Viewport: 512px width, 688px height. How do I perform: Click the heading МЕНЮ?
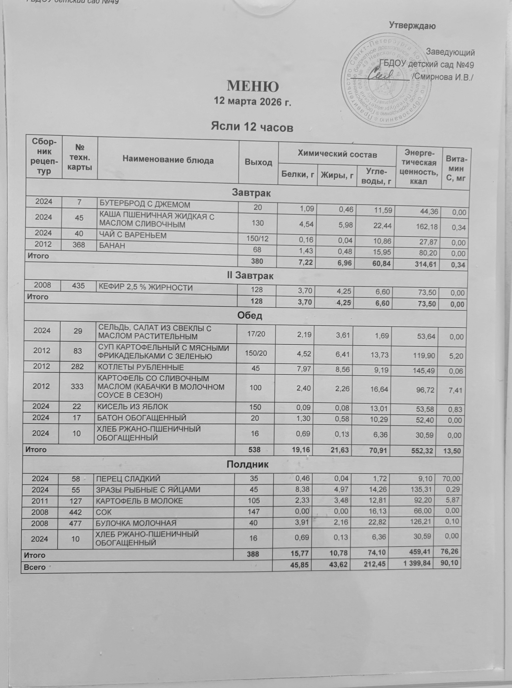pos(253,86)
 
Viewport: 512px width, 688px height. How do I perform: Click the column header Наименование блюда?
pos(168,160)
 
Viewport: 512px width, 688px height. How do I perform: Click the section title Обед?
pos(249,316)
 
